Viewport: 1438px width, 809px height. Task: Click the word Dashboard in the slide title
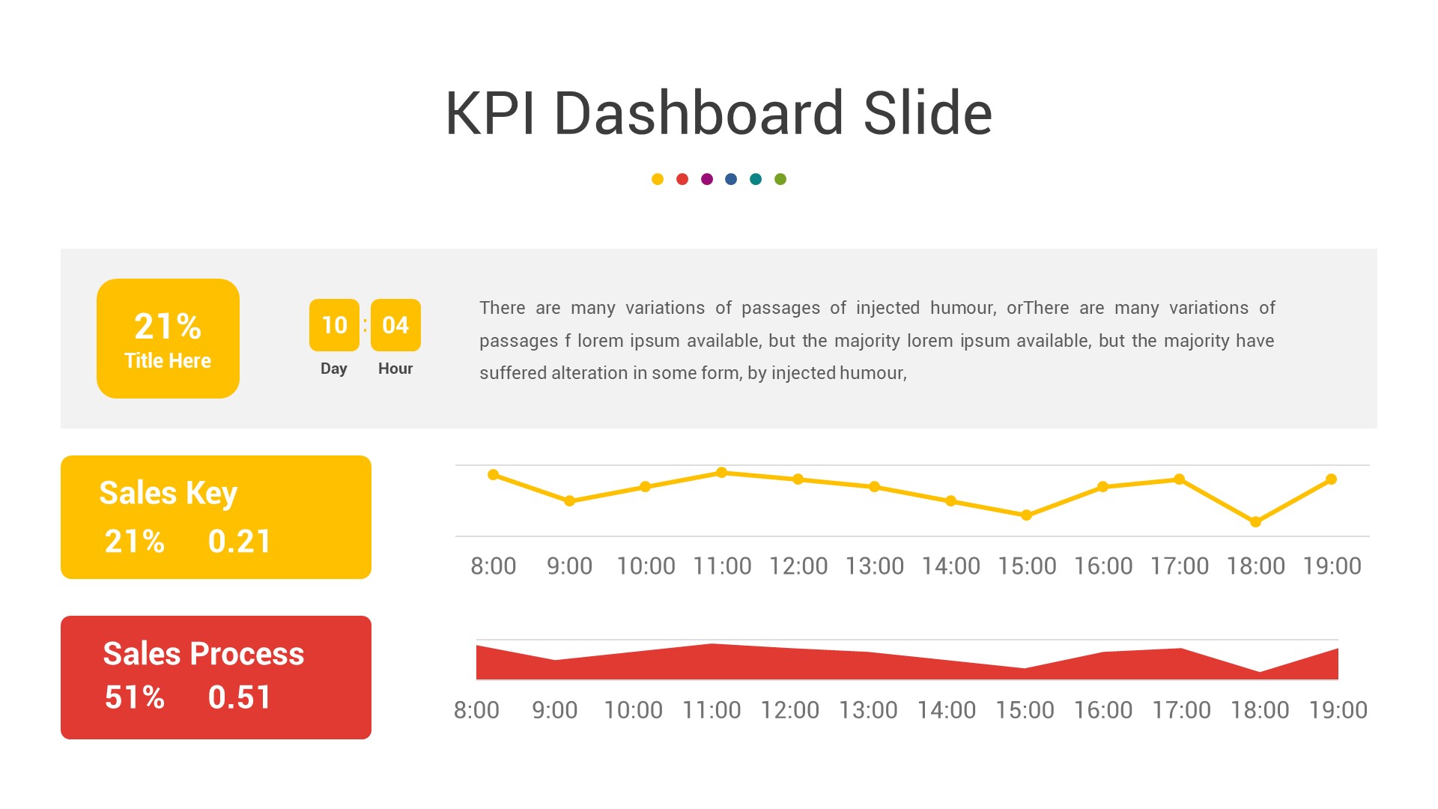coord(700,113)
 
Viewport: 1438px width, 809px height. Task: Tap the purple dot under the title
coord(707,179)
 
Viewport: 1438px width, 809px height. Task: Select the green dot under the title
coord(780,179)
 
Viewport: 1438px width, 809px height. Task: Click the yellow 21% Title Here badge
coord(168,339)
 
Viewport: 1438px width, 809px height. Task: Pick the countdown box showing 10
coord(334,325)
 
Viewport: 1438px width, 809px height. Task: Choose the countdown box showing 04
coord(395,325)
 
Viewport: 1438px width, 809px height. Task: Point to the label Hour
coord(395,369)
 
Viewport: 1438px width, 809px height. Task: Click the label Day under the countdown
coord(334,369)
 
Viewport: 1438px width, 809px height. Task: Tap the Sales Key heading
coord(169,493)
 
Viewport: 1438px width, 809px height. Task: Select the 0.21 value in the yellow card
coord(240,541)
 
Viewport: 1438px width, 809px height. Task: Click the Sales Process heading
coord(204,653)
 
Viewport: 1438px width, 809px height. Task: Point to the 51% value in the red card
coord(135,697)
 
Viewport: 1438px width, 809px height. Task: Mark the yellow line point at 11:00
coord(722,473)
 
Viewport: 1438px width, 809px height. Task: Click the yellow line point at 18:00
coord(1256,522)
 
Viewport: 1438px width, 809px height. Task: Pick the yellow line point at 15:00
coord(1027,515)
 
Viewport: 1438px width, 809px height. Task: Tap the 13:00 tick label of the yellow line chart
coord(875,566)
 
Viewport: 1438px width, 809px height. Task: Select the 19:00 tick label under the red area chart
coord(1338,710)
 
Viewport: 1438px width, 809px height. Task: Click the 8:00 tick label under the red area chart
coord(476,710)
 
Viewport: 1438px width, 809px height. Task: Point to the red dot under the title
coord(682,179)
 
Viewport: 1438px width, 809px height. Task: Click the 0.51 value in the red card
coord(240,697)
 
